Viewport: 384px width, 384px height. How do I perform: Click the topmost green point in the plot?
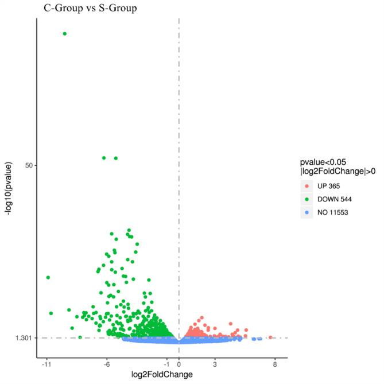pos(64,33)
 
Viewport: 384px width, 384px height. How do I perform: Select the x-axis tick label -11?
pos(46,364)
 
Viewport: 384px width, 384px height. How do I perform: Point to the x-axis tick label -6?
pos(107,364)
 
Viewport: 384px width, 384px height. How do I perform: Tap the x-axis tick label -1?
pos(167,364)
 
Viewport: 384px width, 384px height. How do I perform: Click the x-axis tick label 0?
pos(179,364)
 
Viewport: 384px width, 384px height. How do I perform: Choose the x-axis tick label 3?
pos(215,364)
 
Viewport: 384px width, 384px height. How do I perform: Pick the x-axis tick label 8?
pos(275,364)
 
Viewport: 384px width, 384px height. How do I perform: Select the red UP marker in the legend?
pos(307,185)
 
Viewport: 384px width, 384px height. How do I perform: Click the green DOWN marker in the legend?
pos(307,199)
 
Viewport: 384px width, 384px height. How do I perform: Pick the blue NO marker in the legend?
pos(307,212)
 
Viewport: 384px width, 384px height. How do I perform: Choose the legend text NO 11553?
pos(335,212)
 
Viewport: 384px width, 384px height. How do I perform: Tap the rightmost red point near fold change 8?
pos(270,338)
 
